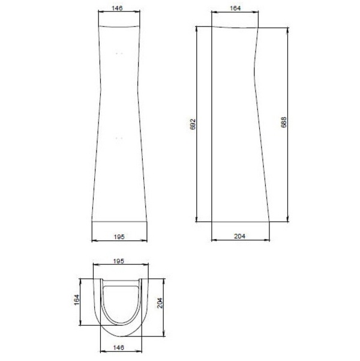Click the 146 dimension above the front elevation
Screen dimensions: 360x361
click(117, 8)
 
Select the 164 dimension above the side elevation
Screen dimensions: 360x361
click(235, 8)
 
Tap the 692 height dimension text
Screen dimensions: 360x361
click(193, 124)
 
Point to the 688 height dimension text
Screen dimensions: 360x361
click(284, 123)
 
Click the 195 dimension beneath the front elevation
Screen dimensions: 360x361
click(119, 237)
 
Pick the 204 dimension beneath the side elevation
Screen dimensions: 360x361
click(239, 236)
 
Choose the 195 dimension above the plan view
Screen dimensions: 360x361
click(119, 261)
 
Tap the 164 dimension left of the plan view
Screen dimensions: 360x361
click(77, 300)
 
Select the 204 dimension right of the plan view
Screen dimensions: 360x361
click(160, 303)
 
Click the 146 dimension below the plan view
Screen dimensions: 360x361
click(119, 347)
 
